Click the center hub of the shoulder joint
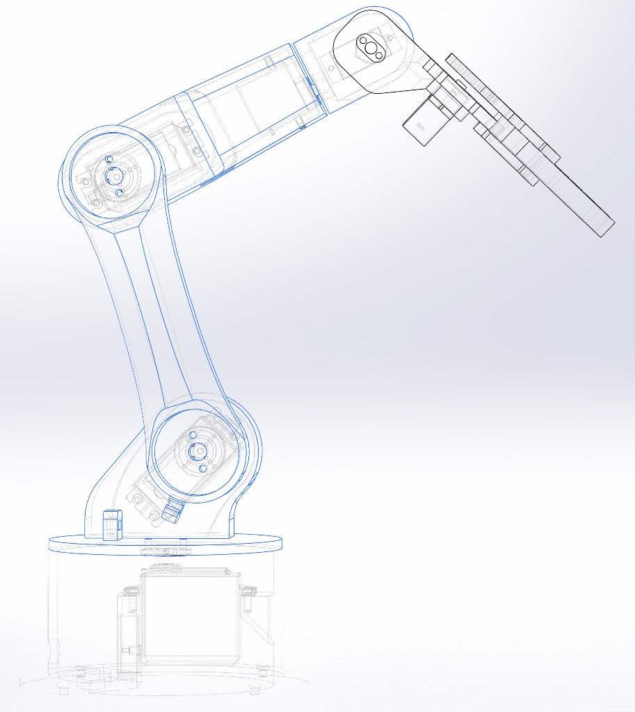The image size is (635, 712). [198, 452]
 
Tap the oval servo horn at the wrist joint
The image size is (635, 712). [371, 49]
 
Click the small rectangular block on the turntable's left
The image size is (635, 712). [111, 525]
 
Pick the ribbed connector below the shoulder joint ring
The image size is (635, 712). [171, 513]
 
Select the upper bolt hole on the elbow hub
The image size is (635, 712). [108, 160]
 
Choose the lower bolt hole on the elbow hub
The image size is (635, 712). [118, 192]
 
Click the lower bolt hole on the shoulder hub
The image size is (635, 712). [202, 469]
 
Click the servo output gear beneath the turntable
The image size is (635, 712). [165, 552]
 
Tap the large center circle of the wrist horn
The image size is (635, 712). [373, 49]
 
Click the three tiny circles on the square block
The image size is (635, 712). [420, 127]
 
